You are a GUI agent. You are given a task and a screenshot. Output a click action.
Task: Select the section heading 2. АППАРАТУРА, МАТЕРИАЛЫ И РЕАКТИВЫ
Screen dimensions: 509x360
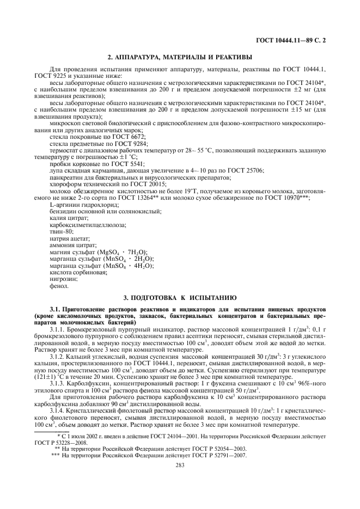coord(180,57)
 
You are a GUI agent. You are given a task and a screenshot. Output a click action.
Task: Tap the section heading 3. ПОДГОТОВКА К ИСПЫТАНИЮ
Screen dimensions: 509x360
coord(180,298)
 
